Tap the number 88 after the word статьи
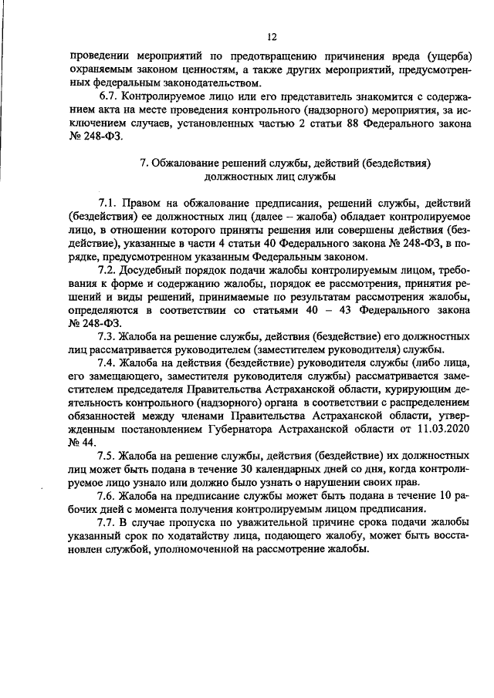click(x=326, y=126)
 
